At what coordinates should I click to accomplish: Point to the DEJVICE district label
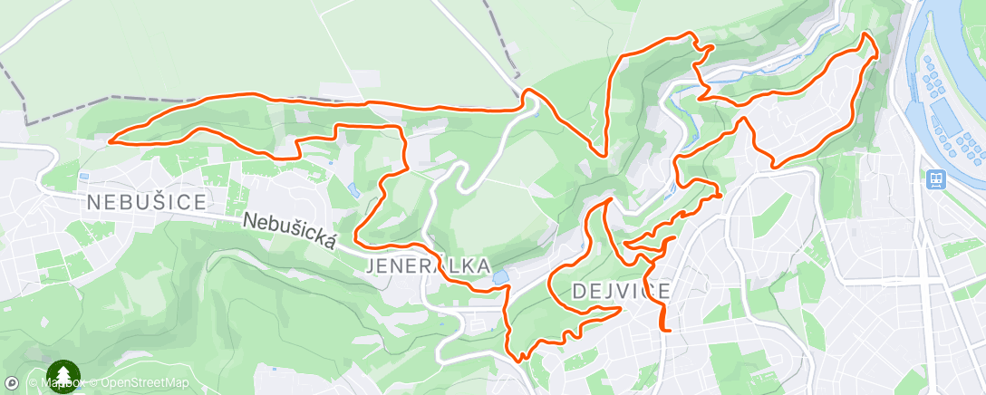[622, 291]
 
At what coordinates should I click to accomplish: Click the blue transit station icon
[935, 180]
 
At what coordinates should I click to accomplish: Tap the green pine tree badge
[63, 376]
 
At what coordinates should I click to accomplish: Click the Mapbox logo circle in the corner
[12, 383]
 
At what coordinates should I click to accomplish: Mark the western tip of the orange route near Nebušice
[110, 140]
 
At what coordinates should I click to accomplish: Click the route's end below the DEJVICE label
[666, 331]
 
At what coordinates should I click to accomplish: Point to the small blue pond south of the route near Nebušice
[352, 188]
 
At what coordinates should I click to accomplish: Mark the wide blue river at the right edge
[961, 36]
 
